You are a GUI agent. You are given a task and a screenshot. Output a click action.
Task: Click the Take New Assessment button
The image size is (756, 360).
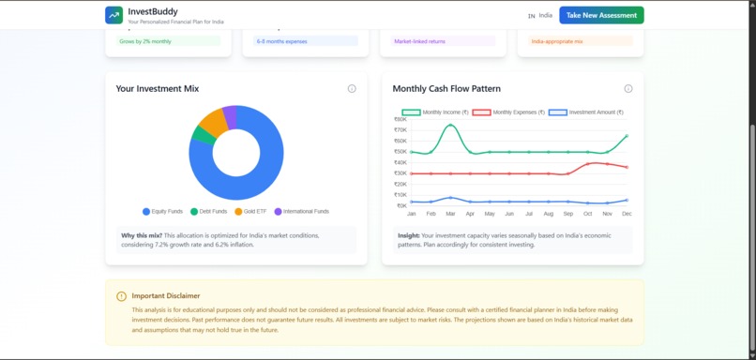[x=601, y=15]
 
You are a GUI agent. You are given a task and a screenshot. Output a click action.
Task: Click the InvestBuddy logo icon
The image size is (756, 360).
[x=113, y=15]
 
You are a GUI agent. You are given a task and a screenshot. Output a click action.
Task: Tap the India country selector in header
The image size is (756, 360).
[x=539, y=15]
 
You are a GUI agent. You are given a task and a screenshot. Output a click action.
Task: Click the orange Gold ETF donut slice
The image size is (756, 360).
[x=212, y=122]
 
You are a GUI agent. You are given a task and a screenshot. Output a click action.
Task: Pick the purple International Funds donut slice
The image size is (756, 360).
[x=230, y=112]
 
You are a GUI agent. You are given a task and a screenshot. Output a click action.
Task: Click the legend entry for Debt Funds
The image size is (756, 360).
[x=209, y=212]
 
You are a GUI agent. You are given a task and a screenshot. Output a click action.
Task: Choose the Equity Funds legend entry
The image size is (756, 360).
[x=162, y=212]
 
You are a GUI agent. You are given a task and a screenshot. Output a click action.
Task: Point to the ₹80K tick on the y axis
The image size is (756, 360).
[x=401, y=120]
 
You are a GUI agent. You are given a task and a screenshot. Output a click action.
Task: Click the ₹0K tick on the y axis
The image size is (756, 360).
[x=401, y=205]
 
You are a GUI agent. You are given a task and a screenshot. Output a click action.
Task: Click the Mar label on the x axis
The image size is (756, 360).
[x=450, y=215]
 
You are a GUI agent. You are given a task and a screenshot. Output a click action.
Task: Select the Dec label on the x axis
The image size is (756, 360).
[x=627, y=215]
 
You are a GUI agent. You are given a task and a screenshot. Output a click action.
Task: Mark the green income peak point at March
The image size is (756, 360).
[x=450, y=125]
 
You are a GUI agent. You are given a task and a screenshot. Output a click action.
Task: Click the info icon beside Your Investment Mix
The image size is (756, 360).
[x=352, y=89]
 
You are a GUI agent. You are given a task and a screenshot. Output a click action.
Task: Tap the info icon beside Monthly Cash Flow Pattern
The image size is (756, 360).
[x=628, y=89]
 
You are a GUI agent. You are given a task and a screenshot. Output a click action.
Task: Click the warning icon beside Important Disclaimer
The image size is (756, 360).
[x=121, y=296]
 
